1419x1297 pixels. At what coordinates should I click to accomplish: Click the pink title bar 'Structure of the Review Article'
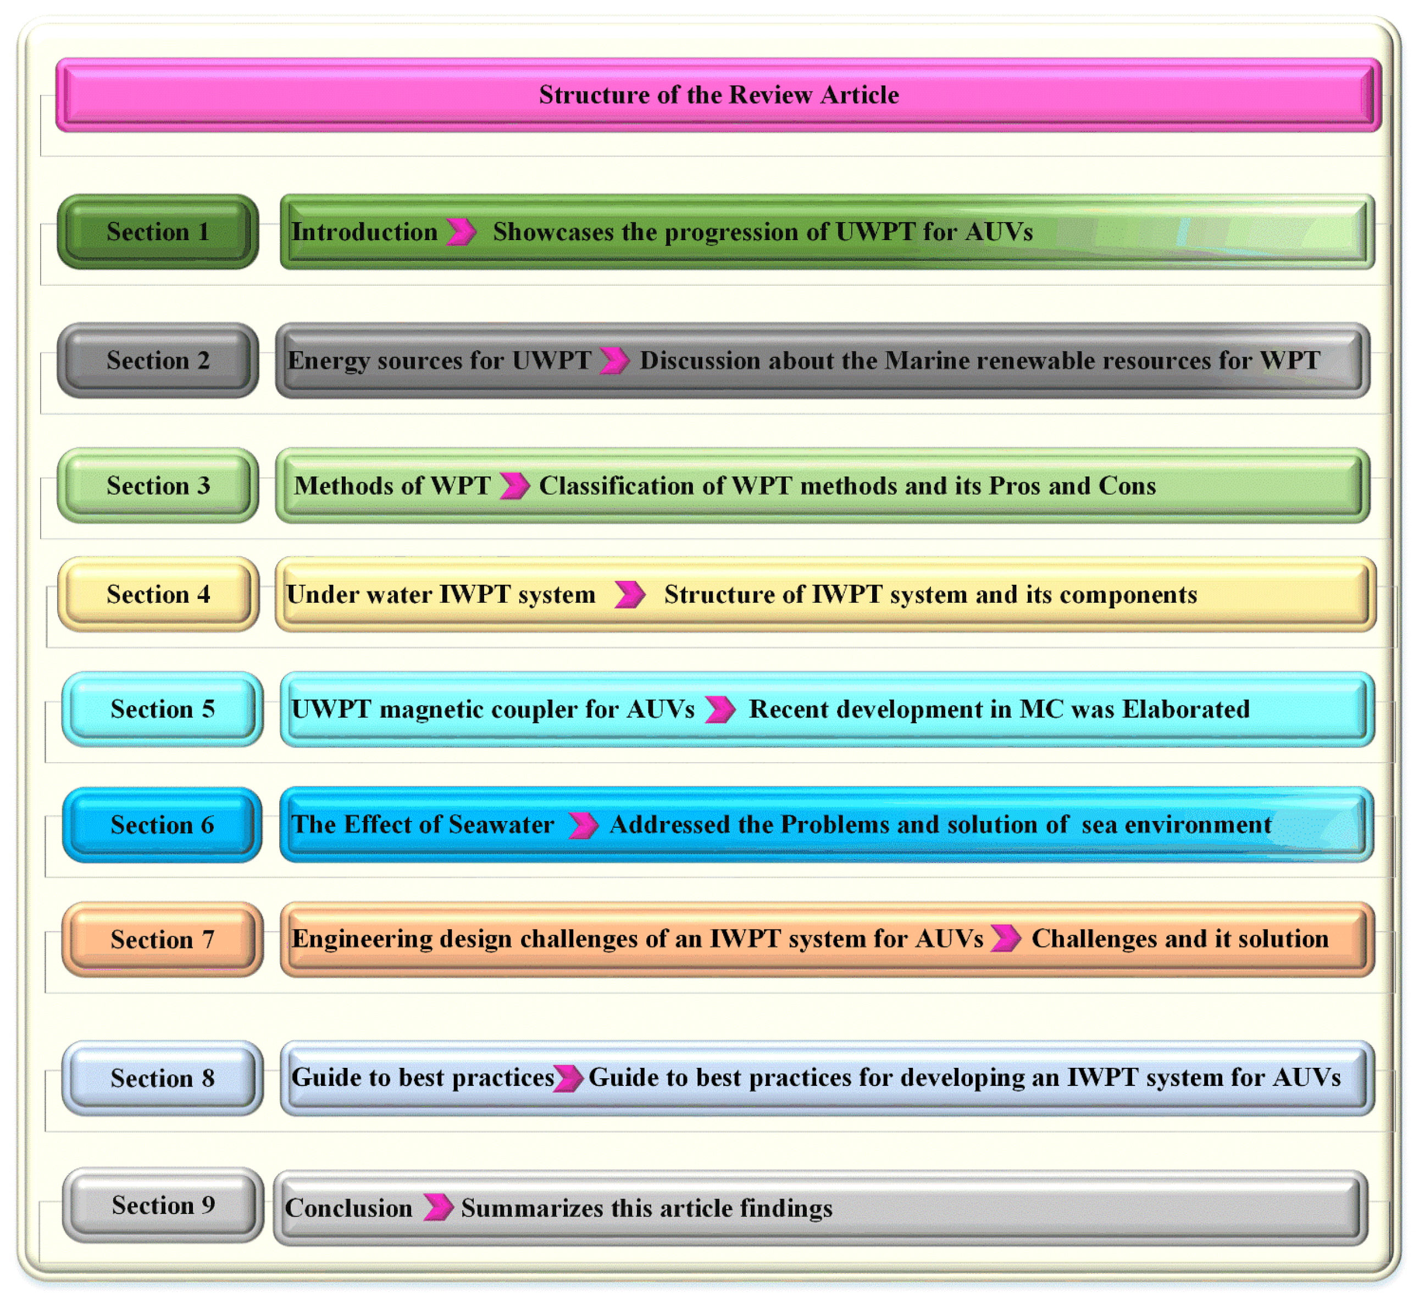pos(718,95)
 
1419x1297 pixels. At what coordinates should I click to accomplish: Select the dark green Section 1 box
pos(158,231)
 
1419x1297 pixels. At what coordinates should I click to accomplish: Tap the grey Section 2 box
pos(158,361)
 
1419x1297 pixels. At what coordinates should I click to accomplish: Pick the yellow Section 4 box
pos(158,595)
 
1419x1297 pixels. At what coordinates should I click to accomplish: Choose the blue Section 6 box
pos(162,825)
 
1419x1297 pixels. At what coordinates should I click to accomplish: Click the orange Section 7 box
pos(162,939)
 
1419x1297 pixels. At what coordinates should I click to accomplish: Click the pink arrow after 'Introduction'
pos(461,231)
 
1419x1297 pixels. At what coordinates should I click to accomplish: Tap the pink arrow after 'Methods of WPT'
pos(514,486)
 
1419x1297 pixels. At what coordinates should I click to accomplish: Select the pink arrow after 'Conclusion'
pos(438,1207)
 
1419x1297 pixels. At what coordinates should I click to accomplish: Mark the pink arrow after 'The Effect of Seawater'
pos(583,825)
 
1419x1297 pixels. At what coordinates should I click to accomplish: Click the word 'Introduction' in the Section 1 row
pos(364,231)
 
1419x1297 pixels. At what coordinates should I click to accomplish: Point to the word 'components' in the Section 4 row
pos(1128,595)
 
